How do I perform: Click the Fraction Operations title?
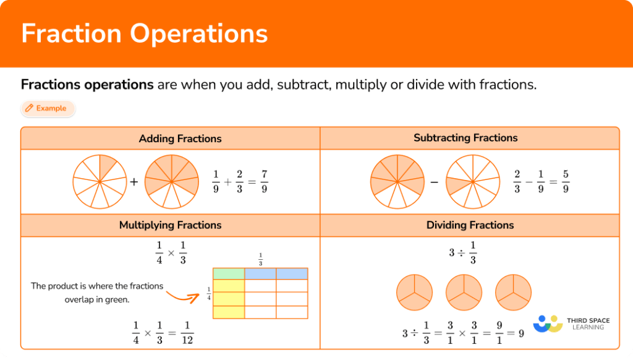click(x=144, y=33)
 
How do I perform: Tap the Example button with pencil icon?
click(x=47, y=108)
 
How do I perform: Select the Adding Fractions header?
click(x=180, y=139)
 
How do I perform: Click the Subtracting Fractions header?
click(x=465, y=138)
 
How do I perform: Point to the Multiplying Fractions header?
click(x=170, y=225)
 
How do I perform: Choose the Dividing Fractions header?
click(x=470, y=225)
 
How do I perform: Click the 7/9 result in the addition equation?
click(x=264, y=181)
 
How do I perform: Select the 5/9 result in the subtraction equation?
click(x=565, y=181)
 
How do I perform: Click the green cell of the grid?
click(x=229, y=273)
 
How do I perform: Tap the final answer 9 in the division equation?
click(x=521, y=333)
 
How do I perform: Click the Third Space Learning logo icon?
click(x=548, y=324)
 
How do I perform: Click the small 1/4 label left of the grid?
click(x=209, y=293)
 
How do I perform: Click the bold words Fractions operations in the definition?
click(x=87, y=85)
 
